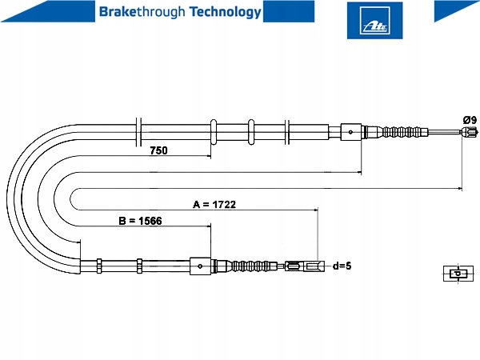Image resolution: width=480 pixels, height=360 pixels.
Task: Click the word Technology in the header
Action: coord(225,13)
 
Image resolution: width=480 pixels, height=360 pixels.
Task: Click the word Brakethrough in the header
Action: coord(142,12)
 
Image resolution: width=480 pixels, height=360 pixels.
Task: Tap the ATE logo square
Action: coord(374,21)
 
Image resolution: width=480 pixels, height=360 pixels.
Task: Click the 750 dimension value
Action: coord(158,150)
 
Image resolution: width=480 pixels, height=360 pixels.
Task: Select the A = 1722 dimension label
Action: coord(214,204)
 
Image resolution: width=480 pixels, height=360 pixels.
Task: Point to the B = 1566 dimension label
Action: coord(140,221)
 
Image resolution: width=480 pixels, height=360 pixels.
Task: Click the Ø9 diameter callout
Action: coord(470,119)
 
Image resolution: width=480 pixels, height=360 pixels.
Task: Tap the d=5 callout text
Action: coord(342,266)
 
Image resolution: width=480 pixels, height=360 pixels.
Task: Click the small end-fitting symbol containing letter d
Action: coord(458,274)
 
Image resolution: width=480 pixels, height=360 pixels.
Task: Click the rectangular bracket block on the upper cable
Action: coord(351,132)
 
